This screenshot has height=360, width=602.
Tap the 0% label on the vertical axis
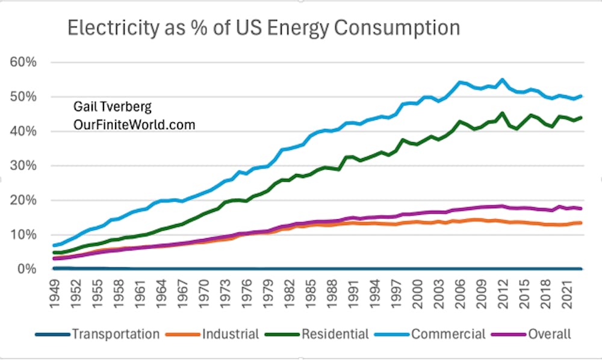[x=26, y=269]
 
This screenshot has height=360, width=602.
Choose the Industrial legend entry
[x=231, y=334]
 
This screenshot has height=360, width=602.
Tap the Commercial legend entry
[x=448, y=334]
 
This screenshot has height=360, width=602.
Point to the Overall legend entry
[x=548, y=334]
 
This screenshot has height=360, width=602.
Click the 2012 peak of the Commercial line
[x=503, y=79]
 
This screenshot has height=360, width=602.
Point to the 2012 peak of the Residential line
[x=503, y=113]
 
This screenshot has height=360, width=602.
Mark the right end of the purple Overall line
[x=581, y=208]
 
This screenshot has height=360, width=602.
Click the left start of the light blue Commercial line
[x=54, y=245]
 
